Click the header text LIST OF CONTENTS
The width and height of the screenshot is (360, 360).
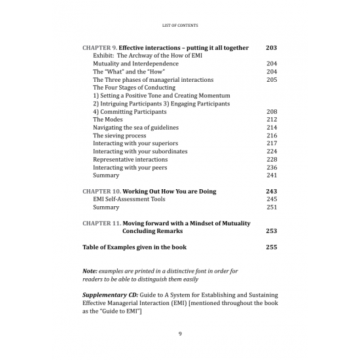pyautogui.click(x=179, y=26)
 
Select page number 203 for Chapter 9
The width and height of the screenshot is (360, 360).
pyautogui.click(x=272, y=48)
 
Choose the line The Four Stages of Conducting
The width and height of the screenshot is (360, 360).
pyautogui.click(x=134, y=88)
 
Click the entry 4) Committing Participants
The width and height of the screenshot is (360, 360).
pyautogui.click(x=131, y=112)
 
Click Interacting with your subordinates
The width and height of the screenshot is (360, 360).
pyautogui.click(x=140, y=151)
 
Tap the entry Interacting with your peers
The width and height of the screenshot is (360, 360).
pyautogui.click(x=130, y=168)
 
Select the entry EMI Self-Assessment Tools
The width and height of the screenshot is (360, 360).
pyautogui.click(x=129, y=199)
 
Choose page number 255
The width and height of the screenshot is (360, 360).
pyautogui.click(x=272, y=247)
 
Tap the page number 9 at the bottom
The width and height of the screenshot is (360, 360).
pyautogui.click(x=180, y=334)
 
